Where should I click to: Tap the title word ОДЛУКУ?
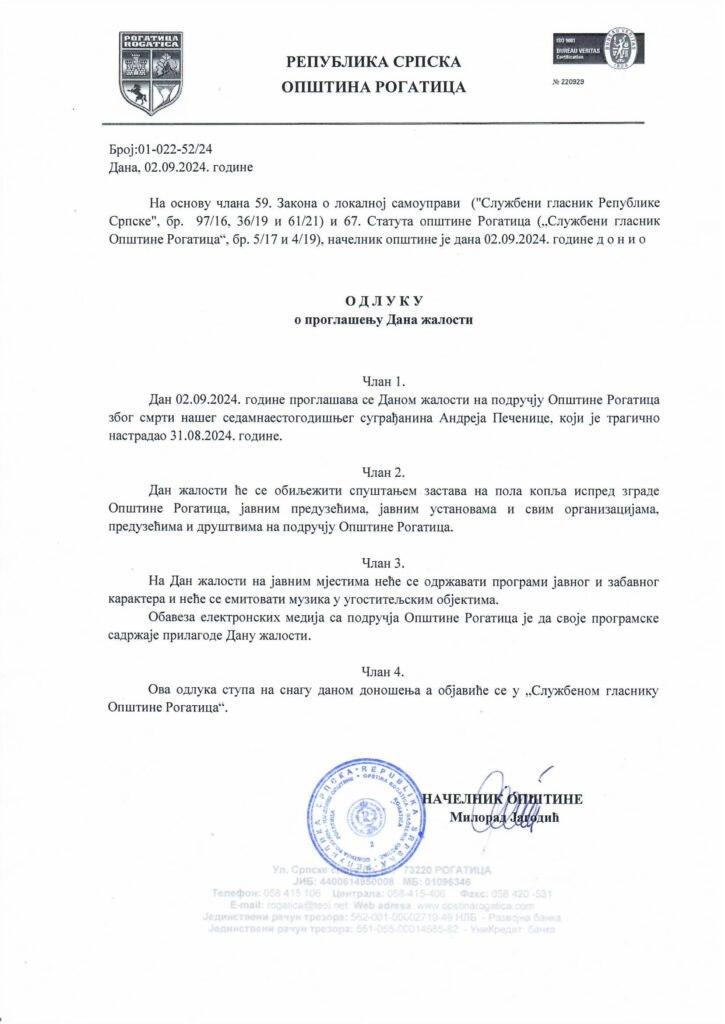(x=370, y=301)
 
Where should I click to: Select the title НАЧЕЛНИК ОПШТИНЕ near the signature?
(x=502, y=799)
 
